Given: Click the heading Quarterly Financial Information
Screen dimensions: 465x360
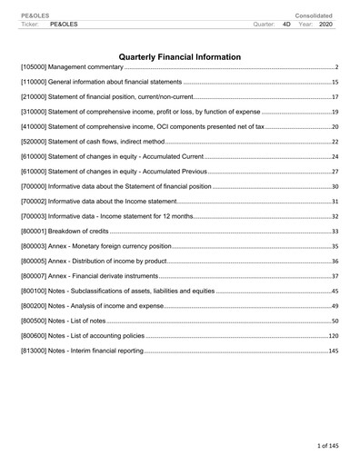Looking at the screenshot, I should (x=180, y=57).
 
